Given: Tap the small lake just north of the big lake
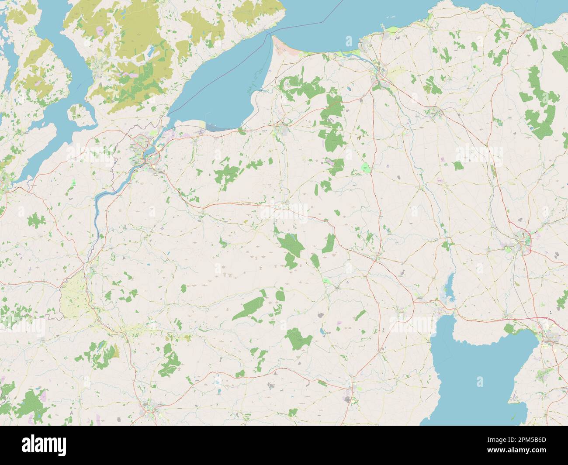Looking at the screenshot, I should point(447,288).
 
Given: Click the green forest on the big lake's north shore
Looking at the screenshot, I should point(516,328).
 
